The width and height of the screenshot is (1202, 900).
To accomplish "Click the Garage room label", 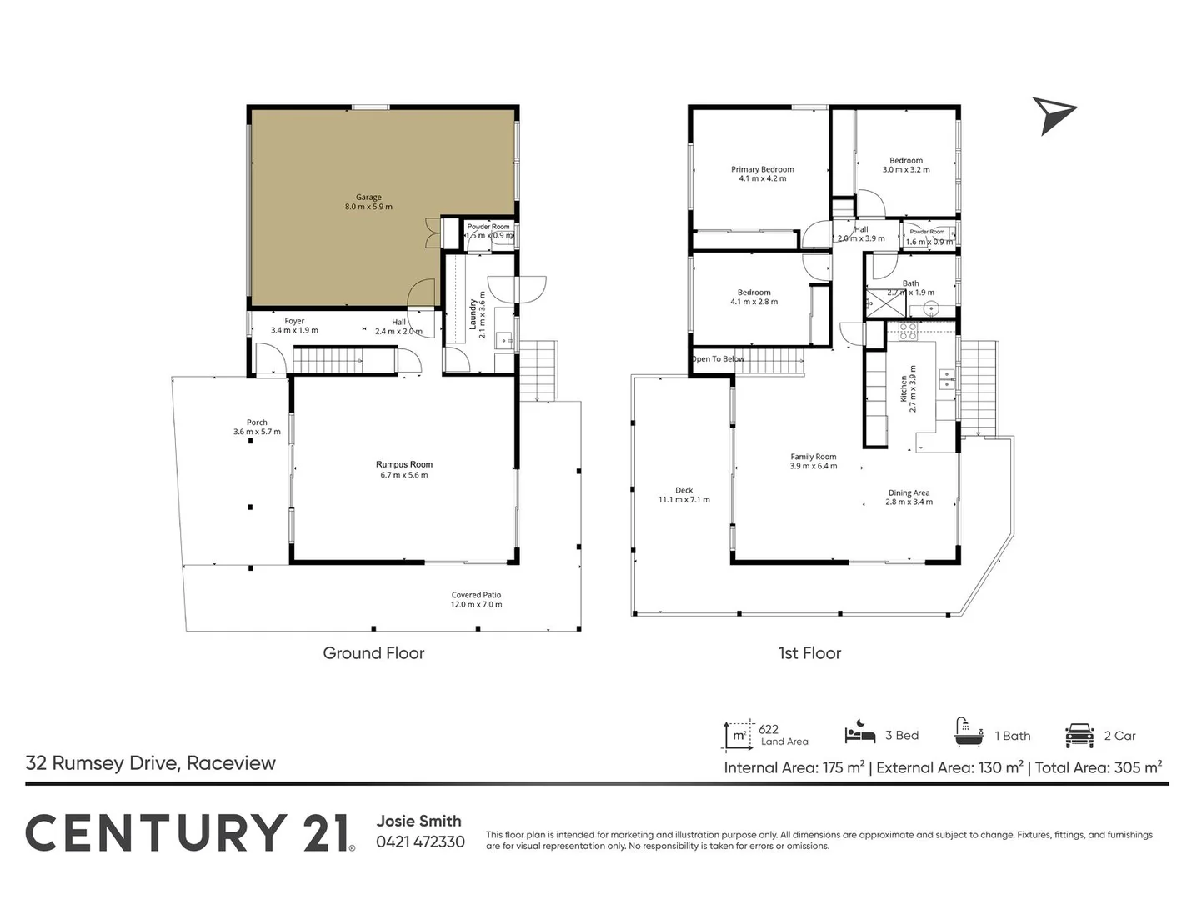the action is (x=368, y=197).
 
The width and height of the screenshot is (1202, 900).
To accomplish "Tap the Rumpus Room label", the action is (x=404, y=464).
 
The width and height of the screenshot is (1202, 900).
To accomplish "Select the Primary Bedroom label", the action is (x=762, y=169).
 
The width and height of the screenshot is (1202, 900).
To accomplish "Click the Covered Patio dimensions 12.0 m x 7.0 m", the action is (x=476, y=604).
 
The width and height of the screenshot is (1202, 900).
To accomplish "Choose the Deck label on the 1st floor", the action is (x=684, y=490).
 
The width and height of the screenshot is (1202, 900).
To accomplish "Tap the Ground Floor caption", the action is (x=373, y=653).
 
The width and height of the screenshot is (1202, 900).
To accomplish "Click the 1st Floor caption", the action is (x=809, y=653).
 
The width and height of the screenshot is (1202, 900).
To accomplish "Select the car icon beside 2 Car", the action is (x=1079, y=735).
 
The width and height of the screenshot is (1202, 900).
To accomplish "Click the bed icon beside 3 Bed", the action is (x=859, y=732).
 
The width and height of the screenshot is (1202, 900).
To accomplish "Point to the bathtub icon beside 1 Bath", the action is (x=969, y=732).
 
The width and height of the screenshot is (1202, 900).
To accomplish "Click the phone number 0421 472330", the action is (x=421, y=842).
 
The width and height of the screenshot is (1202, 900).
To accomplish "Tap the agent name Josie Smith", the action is (x=419, y=821).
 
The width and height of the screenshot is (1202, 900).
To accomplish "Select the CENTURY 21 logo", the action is (x=190, y=833).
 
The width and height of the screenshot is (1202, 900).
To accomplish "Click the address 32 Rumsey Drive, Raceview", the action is (x=151, y=763).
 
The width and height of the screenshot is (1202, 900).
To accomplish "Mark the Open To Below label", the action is (x=718, y=359).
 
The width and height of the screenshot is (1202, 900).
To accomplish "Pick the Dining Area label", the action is (x=909, y=492).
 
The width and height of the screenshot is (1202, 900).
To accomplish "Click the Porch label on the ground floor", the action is (x=257, y=422).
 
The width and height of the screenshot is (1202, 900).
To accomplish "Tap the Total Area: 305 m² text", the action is (x=1099, y=767).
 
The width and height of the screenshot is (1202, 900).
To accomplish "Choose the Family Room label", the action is (x=814, y=457).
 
